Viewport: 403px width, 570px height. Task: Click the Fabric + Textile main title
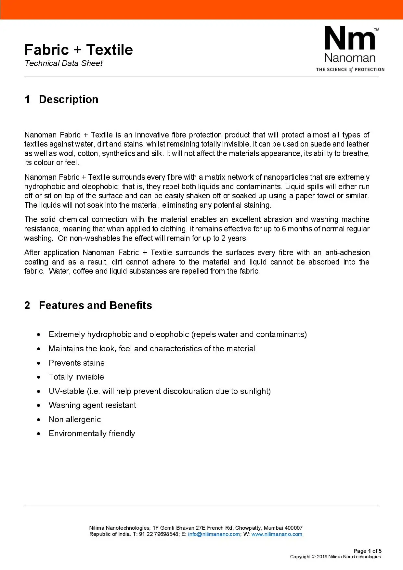pyautogui.click(x=79, y=50)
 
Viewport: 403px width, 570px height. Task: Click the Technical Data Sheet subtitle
pyautogui.click(x=64, y=63)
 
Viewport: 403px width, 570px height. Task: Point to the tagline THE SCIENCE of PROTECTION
pyautogui.click(x=350, y=70)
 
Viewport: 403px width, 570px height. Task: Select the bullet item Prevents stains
pyautogui.click(x=77, y=363)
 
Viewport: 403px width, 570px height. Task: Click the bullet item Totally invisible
pyautogui.click(x=76, y=377)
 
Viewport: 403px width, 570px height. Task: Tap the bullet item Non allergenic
pyautogui.click(x=75, y=420)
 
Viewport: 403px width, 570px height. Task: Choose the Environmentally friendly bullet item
pyautogui.click(x=92, y=434)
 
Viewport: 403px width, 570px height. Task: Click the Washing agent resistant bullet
pyautogui.click(x=93, y=405)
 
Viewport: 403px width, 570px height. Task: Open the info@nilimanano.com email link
pyautogui.click(x=214, y=534)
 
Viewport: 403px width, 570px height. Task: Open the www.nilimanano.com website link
pyautogui.click(x=277, y=534)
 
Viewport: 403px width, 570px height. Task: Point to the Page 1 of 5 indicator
pyautogui.click(x=368, y=551)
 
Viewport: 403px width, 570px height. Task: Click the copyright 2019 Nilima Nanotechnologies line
pyautogui.click(x=335, y=557)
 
